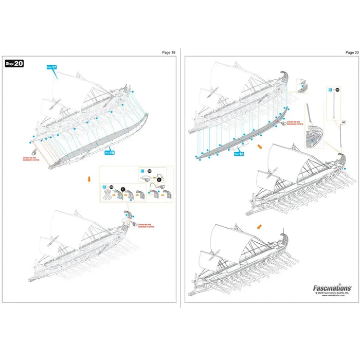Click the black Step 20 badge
(14, 64)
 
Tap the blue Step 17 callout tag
(52, 66)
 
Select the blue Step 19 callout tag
(109, 152)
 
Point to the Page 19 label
(169, 52)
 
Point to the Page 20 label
(352, 52)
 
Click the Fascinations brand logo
(332, 289)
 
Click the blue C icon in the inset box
(142, 170)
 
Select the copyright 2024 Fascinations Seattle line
(332, 295)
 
